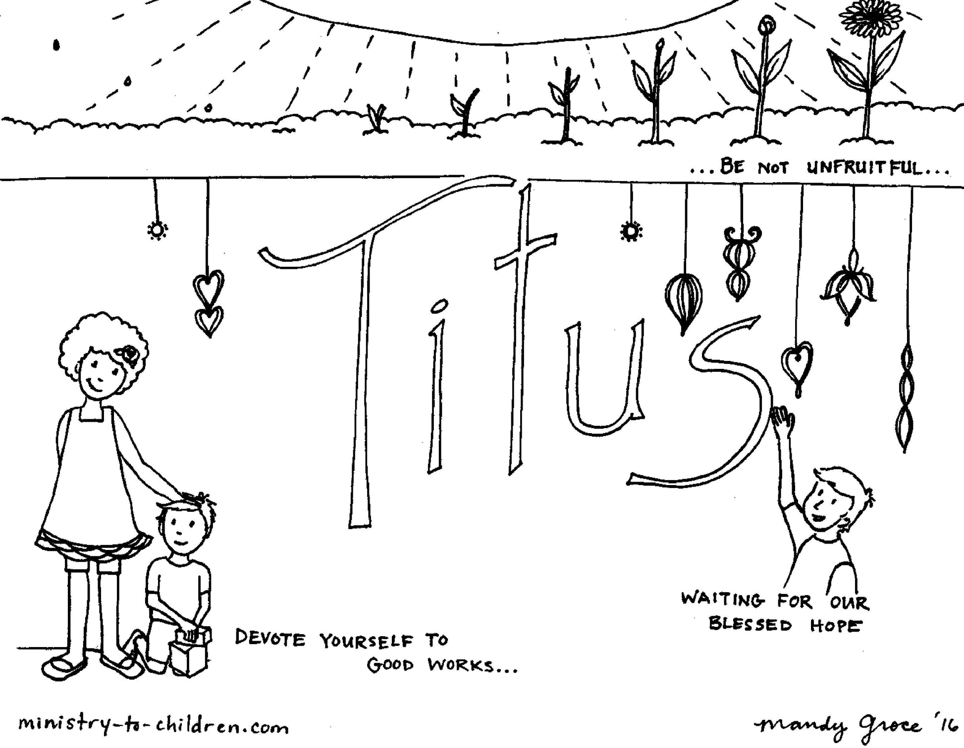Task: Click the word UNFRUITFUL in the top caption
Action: pyautogui.click(x=865, y=168)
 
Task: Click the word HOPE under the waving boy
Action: pyautogui.click(x=836, y=626)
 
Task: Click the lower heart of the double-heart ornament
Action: pyautogui.click(x=209, y=321)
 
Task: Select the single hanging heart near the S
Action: pyautogui.click(x=797, y=364)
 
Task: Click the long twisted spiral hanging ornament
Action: pyautogui.click(x=906, y=396)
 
